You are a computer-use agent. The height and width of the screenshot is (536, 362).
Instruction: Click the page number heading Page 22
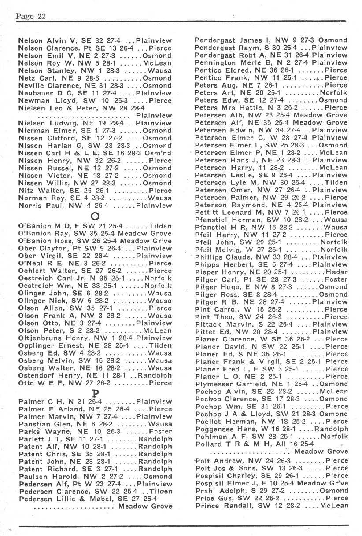pyautogui.click(x=31, y=17)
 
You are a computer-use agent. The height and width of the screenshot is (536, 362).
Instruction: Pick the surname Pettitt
pyautogui.click(x=207, y=212)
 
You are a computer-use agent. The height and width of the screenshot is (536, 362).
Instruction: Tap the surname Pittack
pyautogui.click(x=207, y=324)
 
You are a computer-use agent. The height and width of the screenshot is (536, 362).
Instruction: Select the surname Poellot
pyautogui.click(x=207, y=422)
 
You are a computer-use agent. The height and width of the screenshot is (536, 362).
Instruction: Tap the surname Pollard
pyautogui.click(x=207, y=444)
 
